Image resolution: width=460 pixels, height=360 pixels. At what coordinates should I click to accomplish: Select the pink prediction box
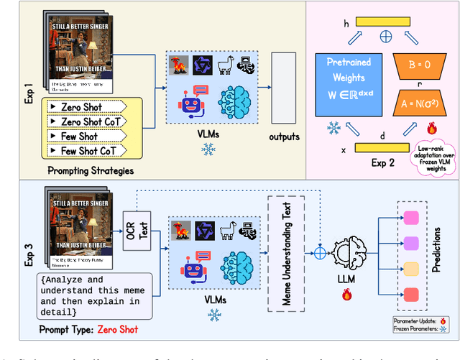[411, 218]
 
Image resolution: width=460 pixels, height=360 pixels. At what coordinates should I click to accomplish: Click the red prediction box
[411, 295]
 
